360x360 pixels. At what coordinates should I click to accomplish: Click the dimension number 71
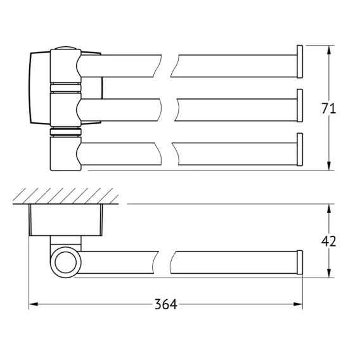pos(328,108)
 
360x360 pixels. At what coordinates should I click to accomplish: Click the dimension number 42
pos(328,241)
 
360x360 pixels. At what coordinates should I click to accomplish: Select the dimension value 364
pos(166,304)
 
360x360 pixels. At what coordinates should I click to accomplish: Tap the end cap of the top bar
pos(300,61)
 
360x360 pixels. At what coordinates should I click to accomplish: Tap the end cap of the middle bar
pos(300,106)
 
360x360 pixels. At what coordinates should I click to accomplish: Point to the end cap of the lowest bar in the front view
pos(300,150)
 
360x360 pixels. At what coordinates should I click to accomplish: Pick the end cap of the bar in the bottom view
pos(300,262)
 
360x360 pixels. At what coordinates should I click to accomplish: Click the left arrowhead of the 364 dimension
pos(34,304)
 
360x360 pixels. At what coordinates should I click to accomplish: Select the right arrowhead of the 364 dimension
pos(298,304)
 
